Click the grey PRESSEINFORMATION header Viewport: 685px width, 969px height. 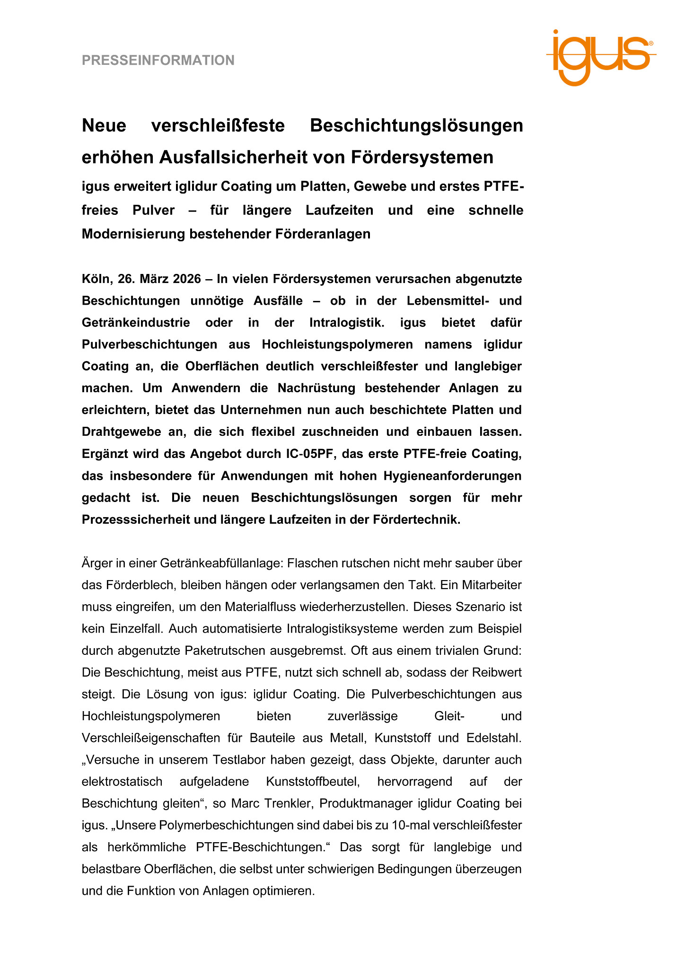158,61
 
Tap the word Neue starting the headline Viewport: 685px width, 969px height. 104,126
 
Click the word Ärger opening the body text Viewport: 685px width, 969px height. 97,564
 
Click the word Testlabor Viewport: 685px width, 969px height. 242,760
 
